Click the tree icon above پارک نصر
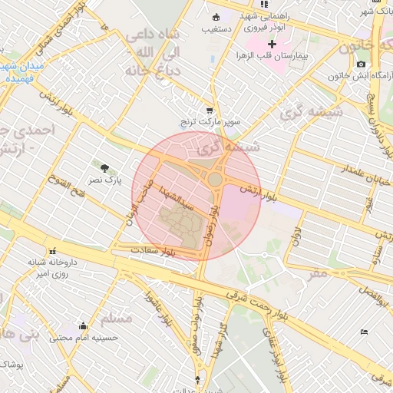(104, 167)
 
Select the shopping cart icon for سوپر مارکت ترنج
(210, 110)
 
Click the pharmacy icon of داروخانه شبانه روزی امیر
(52, 251)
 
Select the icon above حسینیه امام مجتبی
(82, 325)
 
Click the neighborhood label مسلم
(116, 317)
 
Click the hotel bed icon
(364, 331)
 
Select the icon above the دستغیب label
(216, 18)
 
